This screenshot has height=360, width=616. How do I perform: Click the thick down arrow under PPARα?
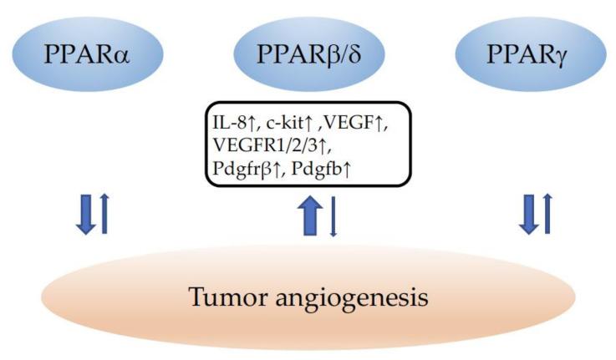(x=84, y=212)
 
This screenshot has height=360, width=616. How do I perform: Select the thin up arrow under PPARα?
(x=104, y=212)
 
